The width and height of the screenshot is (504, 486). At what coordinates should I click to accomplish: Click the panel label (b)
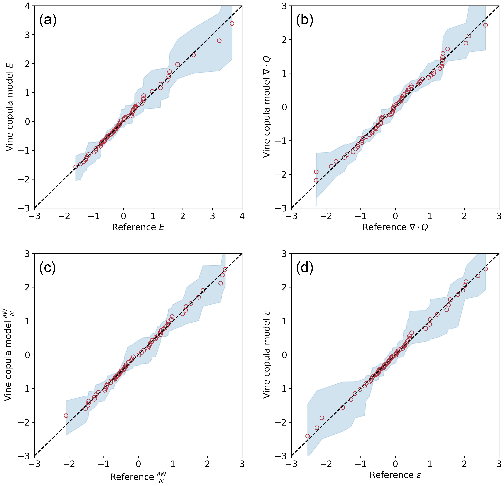[305, 21]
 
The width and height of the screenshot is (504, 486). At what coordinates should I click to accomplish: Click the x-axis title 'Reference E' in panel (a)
[138, 227]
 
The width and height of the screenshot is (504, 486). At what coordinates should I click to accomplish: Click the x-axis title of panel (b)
[395, 227]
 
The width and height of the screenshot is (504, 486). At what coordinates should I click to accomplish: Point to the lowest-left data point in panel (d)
[308, 436]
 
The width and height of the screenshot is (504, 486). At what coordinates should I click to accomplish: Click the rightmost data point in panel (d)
[486, 269]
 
